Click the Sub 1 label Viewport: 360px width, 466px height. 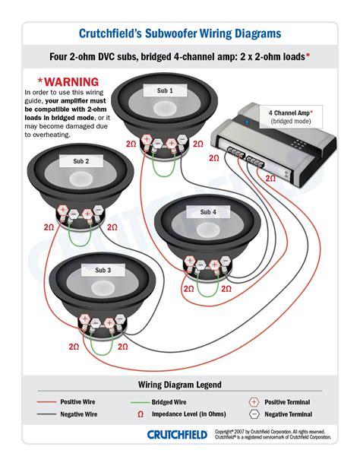tap(165, 90)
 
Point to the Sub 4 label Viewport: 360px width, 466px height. tap(208, 211)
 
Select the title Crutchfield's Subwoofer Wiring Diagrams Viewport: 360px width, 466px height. tap(180, 33)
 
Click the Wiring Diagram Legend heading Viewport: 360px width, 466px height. tap(179, 385)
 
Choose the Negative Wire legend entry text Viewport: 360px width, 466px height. tap(61, 414)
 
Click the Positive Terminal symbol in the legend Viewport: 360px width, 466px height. tap(254, 401)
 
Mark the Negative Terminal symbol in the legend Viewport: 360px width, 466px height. tap(254, 414)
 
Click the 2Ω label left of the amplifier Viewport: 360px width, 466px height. tap(214, 157)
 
